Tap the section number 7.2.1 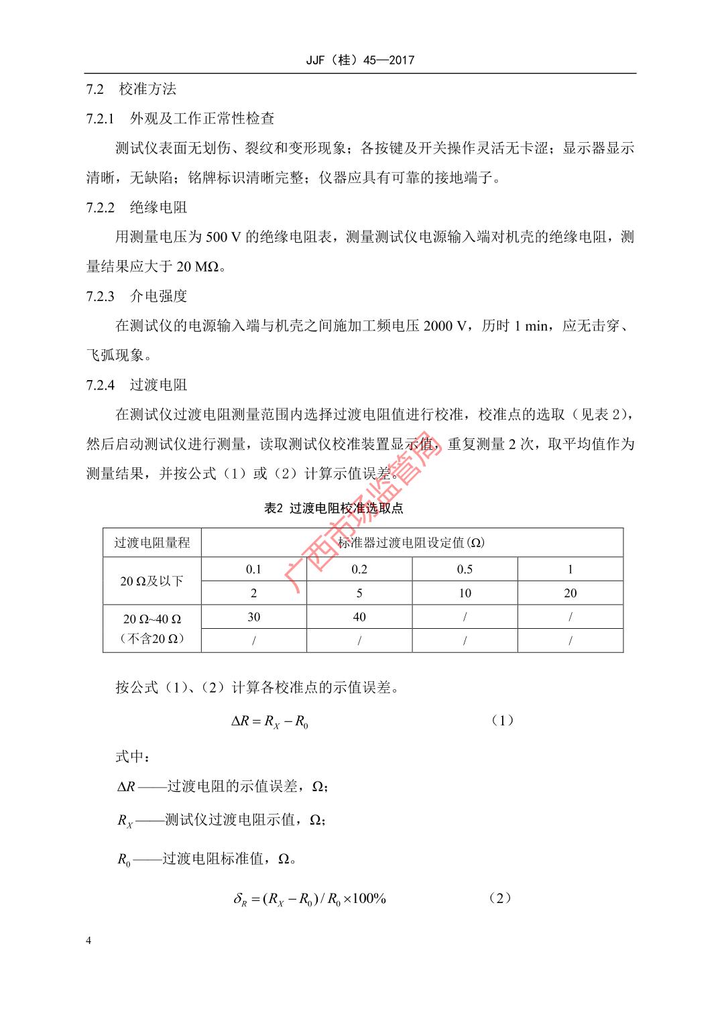pyautogui.click(x=101, y=119)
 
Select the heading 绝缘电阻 pyautogui.click(x=159, y=207)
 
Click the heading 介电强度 pyautogui.click(x=159, y=296)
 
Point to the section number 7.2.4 pyautogui.click(x=101, y=385)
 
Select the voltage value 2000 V pyautogui.click(x=444, y=326)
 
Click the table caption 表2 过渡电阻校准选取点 pyautogui.click(x=333, y=508)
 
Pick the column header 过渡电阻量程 pyautogui.click(x=152, y=542)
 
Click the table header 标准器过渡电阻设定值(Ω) pyautogui.click(x=412, y=542)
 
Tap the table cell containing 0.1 pyautogui.click(x=253, y=569)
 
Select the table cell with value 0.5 pyautogui.click(x=465, y=569)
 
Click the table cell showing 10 pyautogui.click(x=465, y=593)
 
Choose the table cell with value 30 pyautogui.click(x=253, y=617)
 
